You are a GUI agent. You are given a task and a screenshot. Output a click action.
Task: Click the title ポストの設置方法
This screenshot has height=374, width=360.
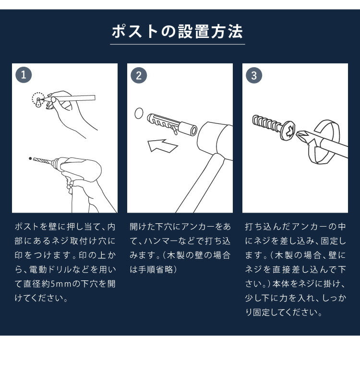pyautogui.click(x=178, y=31)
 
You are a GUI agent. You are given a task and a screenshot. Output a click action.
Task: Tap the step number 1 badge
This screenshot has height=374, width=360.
pyautogui.click(x=24, y=75)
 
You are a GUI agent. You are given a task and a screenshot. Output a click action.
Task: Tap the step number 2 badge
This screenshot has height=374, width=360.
pyautogui.click(x=139, y=75)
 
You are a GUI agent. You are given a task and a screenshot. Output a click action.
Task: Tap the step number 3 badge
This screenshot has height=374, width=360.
pyautogui.click(x=254, y=75)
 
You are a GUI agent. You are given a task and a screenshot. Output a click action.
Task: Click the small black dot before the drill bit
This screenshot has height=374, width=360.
pyautogui.click(x=30, y=158)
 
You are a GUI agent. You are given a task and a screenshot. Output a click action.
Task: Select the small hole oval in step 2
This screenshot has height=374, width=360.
pyautogui.click(x=139, y=114)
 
